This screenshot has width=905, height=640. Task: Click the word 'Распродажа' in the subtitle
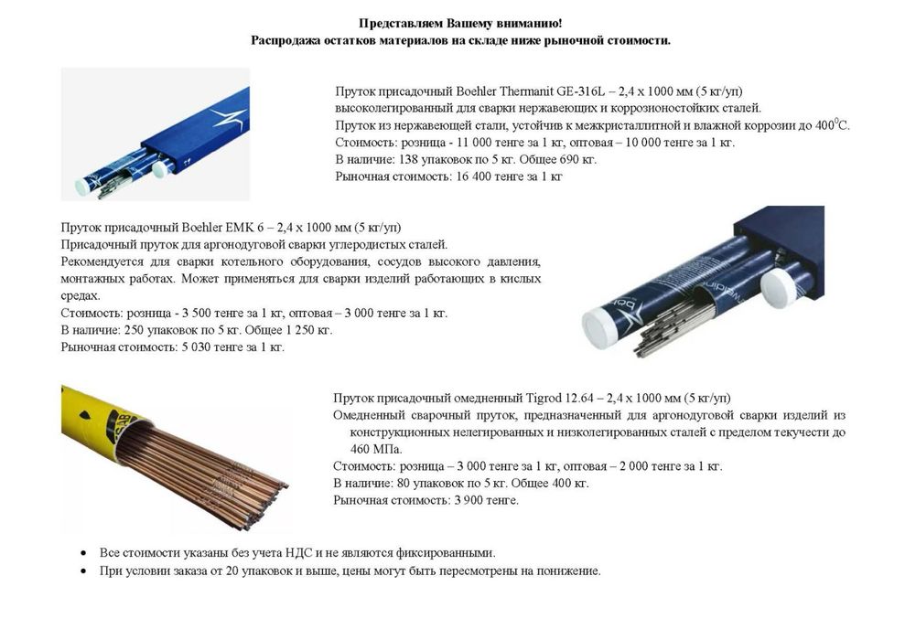286,40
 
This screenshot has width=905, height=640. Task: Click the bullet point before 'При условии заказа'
84,571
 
